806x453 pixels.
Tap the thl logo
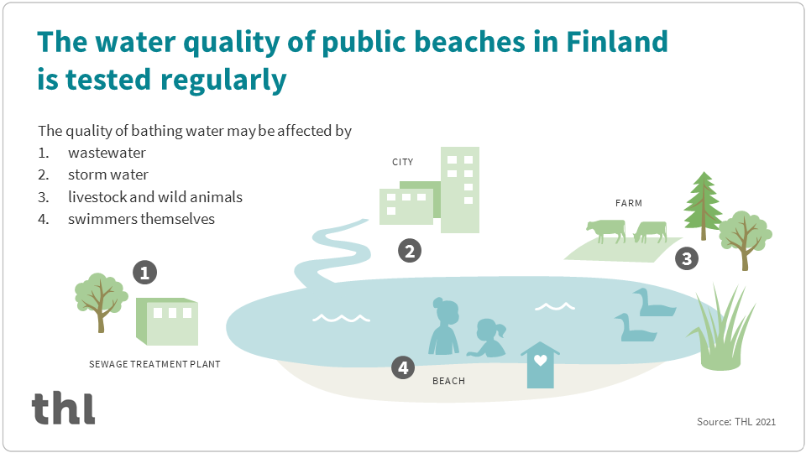coord(64,408)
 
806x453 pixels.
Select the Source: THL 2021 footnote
coord(736,422)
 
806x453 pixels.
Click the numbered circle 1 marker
coord(145,273)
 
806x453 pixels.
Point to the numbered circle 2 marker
coord(409,250)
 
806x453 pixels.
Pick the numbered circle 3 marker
coord(687,258)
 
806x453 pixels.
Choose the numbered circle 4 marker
coord(404,367)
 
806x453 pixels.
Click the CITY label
coord(402,162)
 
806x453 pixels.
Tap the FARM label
coord(628,203)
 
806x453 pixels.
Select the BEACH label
coord(448,382)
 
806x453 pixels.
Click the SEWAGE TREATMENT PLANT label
coord(154,365)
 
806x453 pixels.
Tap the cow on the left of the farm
coord(606,229)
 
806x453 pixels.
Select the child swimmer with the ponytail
coord(490,340)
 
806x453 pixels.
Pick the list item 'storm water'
coord(108,175)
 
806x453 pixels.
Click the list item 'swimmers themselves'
coord(141,219)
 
